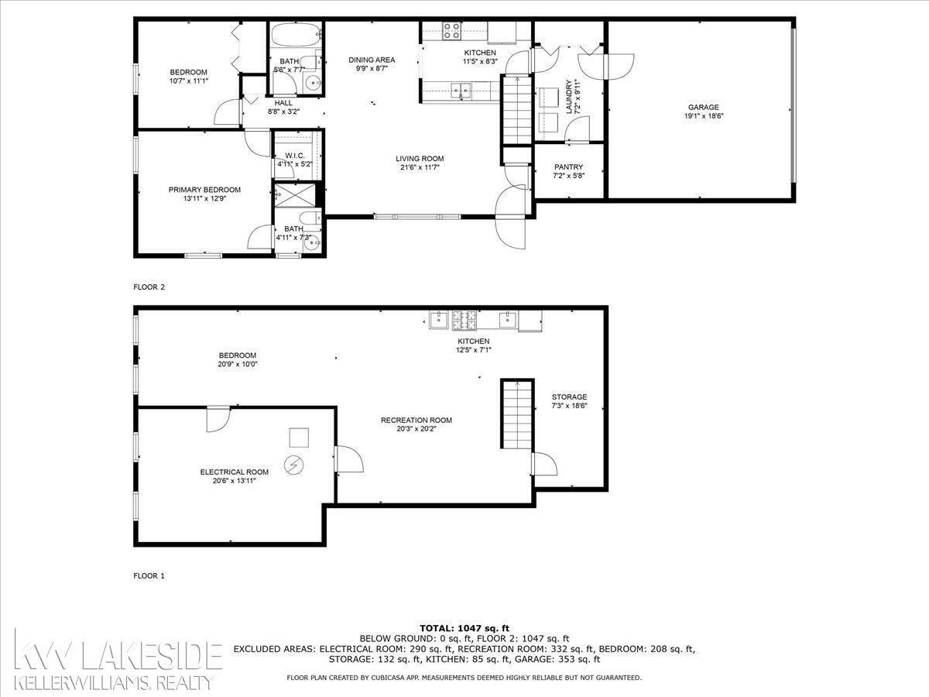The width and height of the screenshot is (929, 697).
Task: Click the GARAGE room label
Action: (704, 108)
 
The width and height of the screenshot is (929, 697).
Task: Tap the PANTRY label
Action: (568, 167)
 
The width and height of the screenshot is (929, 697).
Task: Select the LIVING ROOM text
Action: (420, 159)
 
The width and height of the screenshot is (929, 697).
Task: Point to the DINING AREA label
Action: (372, 60)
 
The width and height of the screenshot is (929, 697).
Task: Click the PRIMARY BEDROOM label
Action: (204, 190)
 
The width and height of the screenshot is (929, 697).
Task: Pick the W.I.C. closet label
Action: (295, 156)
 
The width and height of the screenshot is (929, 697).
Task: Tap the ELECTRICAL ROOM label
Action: (235, 472)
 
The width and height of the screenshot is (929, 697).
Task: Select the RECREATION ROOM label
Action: (417, 421)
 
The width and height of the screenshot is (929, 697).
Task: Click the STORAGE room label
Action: (569, 397)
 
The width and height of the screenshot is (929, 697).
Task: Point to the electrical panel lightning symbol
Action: (293, 466)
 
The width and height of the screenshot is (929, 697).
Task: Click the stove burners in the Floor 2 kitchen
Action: (451, 31)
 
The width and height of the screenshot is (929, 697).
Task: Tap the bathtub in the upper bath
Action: (297, 35)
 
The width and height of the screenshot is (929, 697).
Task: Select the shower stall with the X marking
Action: (295, 195)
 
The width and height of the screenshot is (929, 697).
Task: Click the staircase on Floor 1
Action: (517, 414)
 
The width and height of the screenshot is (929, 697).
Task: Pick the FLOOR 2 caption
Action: (149, 287)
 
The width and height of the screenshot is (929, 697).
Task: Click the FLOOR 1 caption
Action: (149, 576)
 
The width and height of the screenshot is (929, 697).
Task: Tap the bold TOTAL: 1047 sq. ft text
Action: (464, 628)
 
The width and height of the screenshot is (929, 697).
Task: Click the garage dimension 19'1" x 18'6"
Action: (704, 116)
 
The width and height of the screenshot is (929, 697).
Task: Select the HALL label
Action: (283, 103)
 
